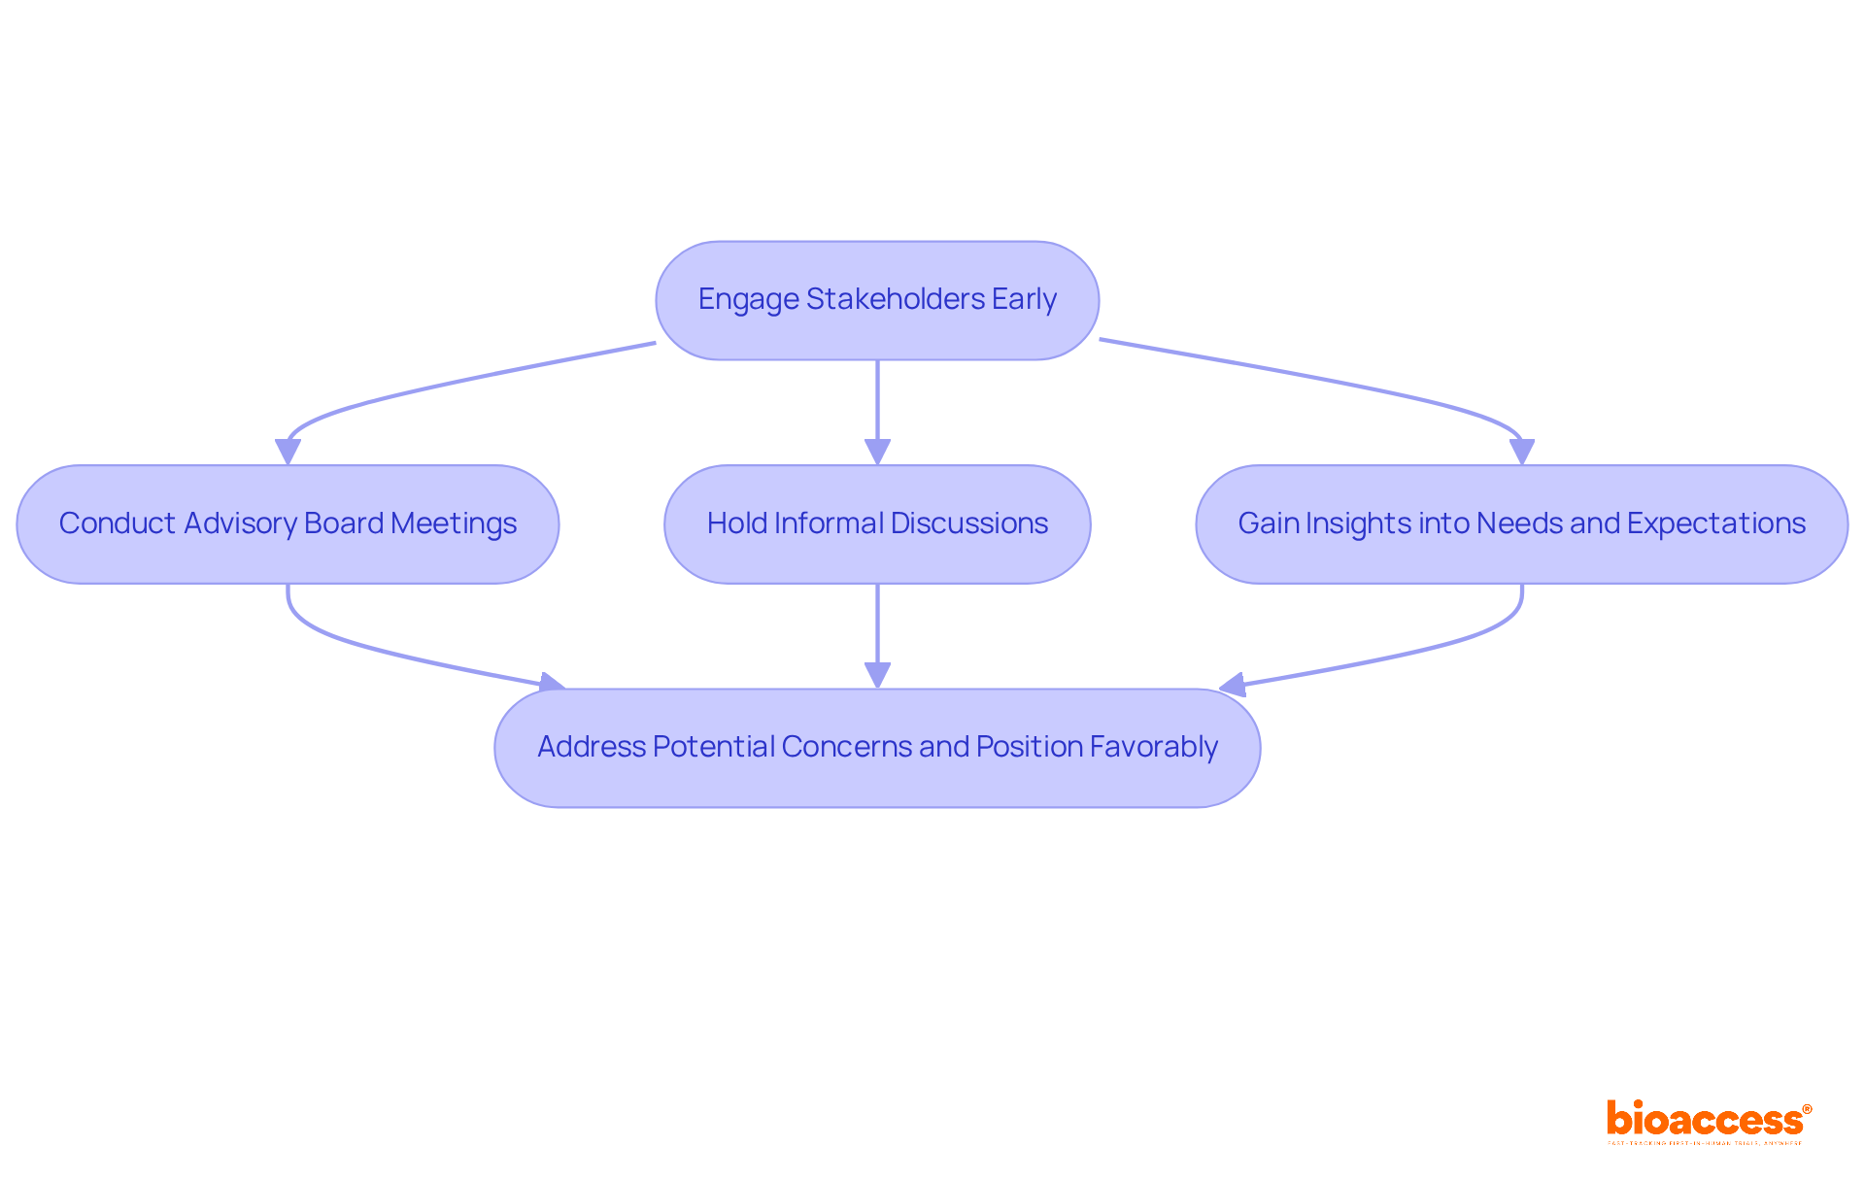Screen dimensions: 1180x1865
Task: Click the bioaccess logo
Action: click(1708, 1120)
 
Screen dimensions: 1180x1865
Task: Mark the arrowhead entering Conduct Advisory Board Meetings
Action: click(288, 452)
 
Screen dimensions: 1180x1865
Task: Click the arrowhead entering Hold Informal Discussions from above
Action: click(877, 452)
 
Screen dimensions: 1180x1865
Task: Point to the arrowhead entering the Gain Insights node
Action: click(1521, 452)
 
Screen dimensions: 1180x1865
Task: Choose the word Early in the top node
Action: click(1024, 299)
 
